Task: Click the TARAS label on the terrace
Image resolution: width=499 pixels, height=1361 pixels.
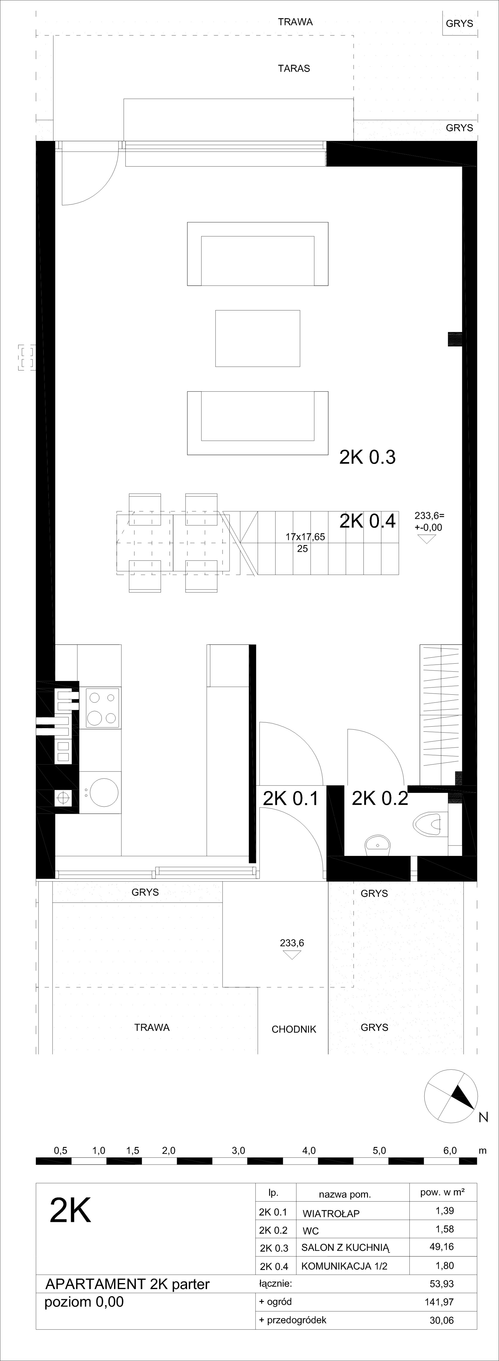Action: tap(294, 68)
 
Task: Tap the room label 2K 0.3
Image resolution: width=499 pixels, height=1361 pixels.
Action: tap(367, 457)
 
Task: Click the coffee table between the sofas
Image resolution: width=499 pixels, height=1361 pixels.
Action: tap(257, 338)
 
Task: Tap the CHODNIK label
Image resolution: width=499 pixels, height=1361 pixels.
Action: tap(294, 1029)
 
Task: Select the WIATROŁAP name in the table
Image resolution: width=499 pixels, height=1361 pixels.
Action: tap(331, 1214)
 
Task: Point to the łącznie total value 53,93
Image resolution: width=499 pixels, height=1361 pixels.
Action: tap(442, 1283)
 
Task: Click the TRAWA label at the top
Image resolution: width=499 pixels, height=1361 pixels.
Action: tap(296, 22)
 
